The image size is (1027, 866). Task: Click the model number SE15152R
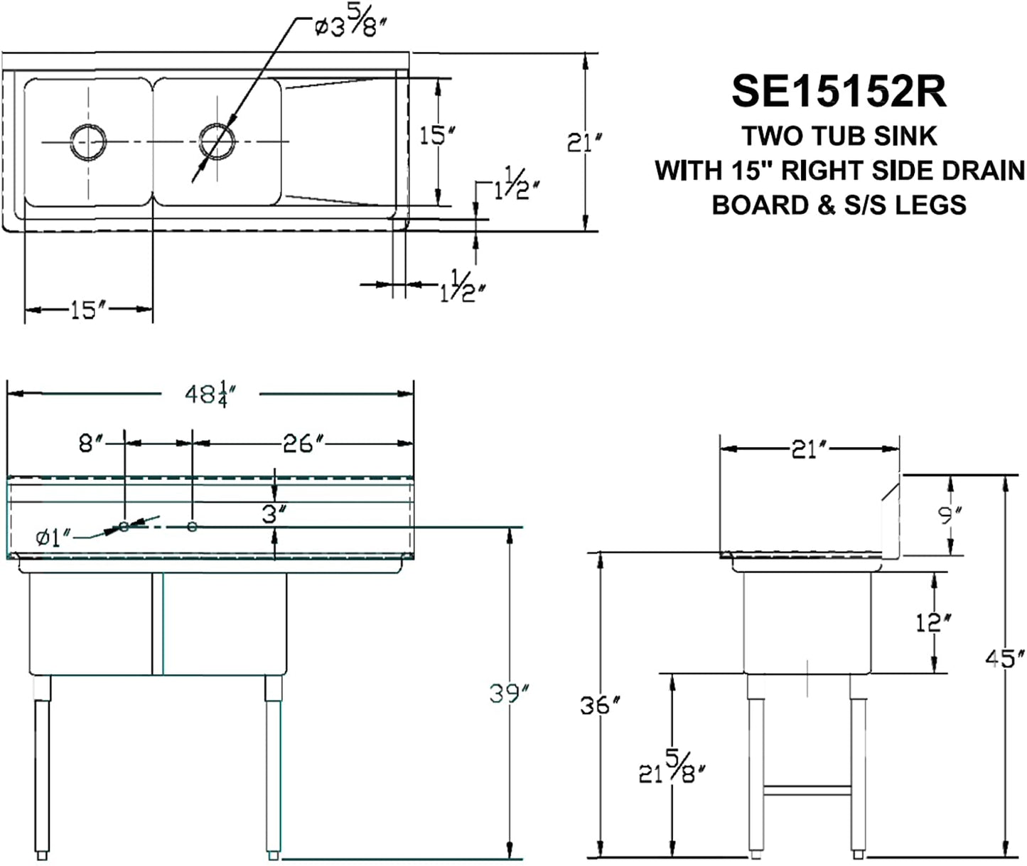point(839,92)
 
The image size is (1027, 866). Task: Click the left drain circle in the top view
point(88,141)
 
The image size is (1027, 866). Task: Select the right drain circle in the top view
point(217,141)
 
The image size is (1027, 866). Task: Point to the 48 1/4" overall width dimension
point(211,394)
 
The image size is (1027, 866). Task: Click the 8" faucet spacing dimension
point(92,444)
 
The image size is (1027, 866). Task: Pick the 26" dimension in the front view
point(304,444)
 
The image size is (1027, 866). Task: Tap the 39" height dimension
point(509,693)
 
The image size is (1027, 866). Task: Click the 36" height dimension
point(600,706)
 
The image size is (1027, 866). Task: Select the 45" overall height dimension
point(1005,658)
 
